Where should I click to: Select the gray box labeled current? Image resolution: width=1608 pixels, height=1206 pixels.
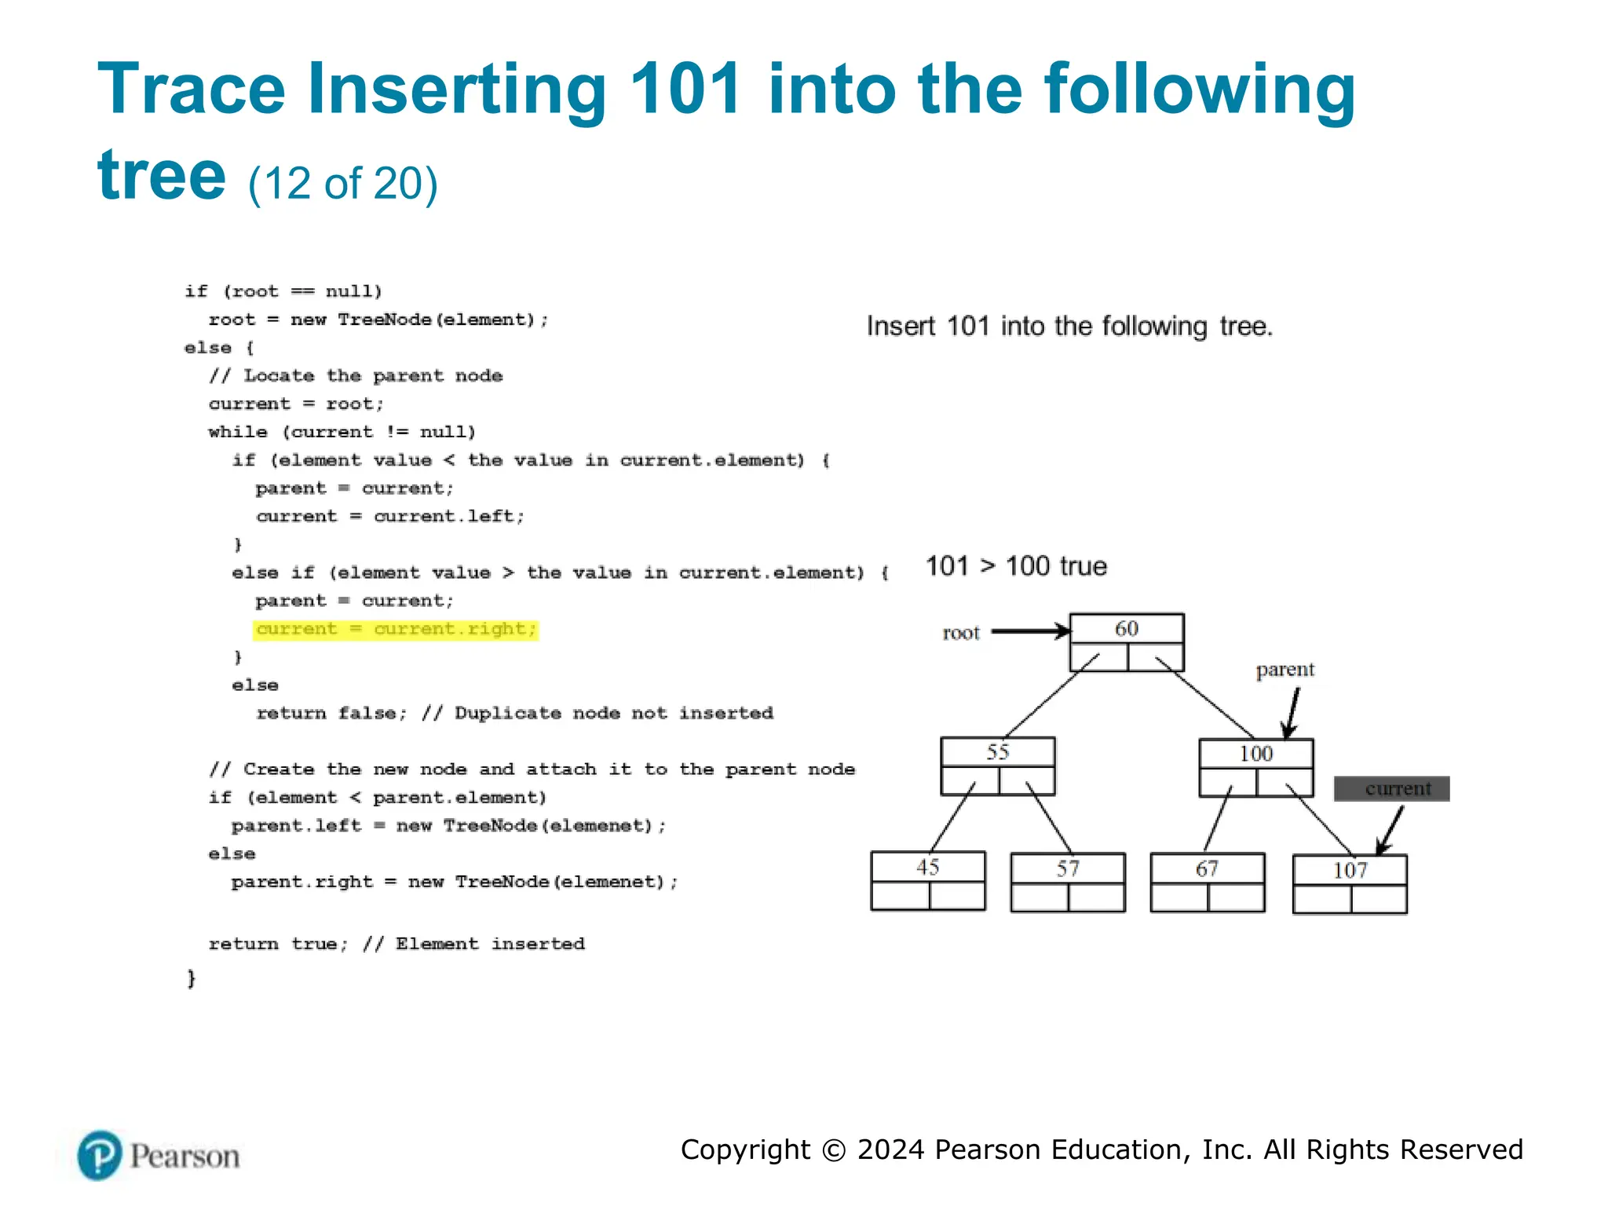tap(1391, 788)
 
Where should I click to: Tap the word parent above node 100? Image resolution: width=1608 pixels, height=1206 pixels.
tap(1285, 670)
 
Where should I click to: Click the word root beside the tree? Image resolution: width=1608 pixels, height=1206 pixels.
tap(961, 633)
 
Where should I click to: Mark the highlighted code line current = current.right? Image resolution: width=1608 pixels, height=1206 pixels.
tap(396, 630)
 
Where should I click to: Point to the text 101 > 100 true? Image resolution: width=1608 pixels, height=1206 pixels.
tap(1016, 566)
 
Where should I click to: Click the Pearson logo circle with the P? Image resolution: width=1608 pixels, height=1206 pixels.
tap(100, 1156)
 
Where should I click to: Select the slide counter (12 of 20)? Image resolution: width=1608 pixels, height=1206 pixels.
tap(343, 184)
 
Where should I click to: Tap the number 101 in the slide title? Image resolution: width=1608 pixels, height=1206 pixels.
tap(685, 90)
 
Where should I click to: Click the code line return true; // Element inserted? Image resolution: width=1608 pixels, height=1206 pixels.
tap(397, 944)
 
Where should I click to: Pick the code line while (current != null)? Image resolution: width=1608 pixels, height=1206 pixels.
tap(342, 433)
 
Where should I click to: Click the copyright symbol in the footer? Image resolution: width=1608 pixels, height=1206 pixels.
tap(834, 1150)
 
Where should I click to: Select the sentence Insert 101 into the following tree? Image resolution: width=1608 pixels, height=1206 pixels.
tap(1069, 326)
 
